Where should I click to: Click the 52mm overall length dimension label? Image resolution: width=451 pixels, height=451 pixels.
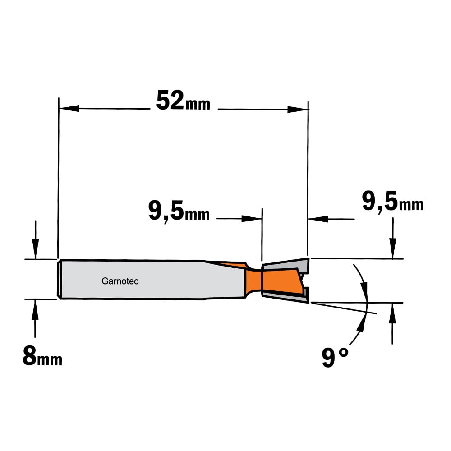click(183, 101)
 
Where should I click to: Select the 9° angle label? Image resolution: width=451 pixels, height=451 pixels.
click(335, 357)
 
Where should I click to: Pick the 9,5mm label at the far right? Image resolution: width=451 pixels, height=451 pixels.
click(393, 202)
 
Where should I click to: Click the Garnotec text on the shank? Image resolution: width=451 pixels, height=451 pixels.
click(120, 281)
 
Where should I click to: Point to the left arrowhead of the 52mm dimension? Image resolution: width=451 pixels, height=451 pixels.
click(69, 109)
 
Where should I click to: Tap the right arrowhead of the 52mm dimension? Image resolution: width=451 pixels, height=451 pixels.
click(298, 109)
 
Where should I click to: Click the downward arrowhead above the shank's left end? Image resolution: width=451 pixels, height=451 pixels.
click(35, 249)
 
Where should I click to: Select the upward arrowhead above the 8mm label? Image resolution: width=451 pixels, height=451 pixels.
click(35, 309)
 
